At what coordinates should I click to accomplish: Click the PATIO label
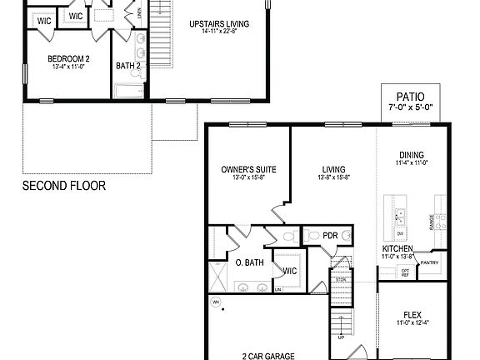tap(411, 97)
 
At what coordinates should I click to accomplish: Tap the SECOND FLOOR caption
tap(64, 186)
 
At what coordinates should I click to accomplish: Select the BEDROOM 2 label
tap(68, 58)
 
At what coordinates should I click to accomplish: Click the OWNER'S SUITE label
tap(249, 170)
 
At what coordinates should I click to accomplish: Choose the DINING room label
tap(411, 155)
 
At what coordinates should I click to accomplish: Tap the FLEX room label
tap(412, 315)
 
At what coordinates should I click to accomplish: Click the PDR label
tap(331, 237)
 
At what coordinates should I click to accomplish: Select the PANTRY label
tap(430, 263)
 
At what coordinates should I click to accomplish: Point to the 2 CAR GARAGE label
tap(267, 356)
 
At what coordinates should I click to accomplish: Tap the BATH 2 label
tap(127, 66)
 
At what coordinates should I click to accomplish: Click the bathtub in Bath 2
tap(130, 91)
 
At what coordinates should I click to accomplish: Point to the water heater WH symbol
tap(215, 302)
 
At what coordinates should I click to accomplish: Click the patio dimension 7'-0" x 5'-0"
tap(411, 108)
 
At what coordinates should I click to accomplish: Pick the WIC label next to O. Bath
tap(290, 271)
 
